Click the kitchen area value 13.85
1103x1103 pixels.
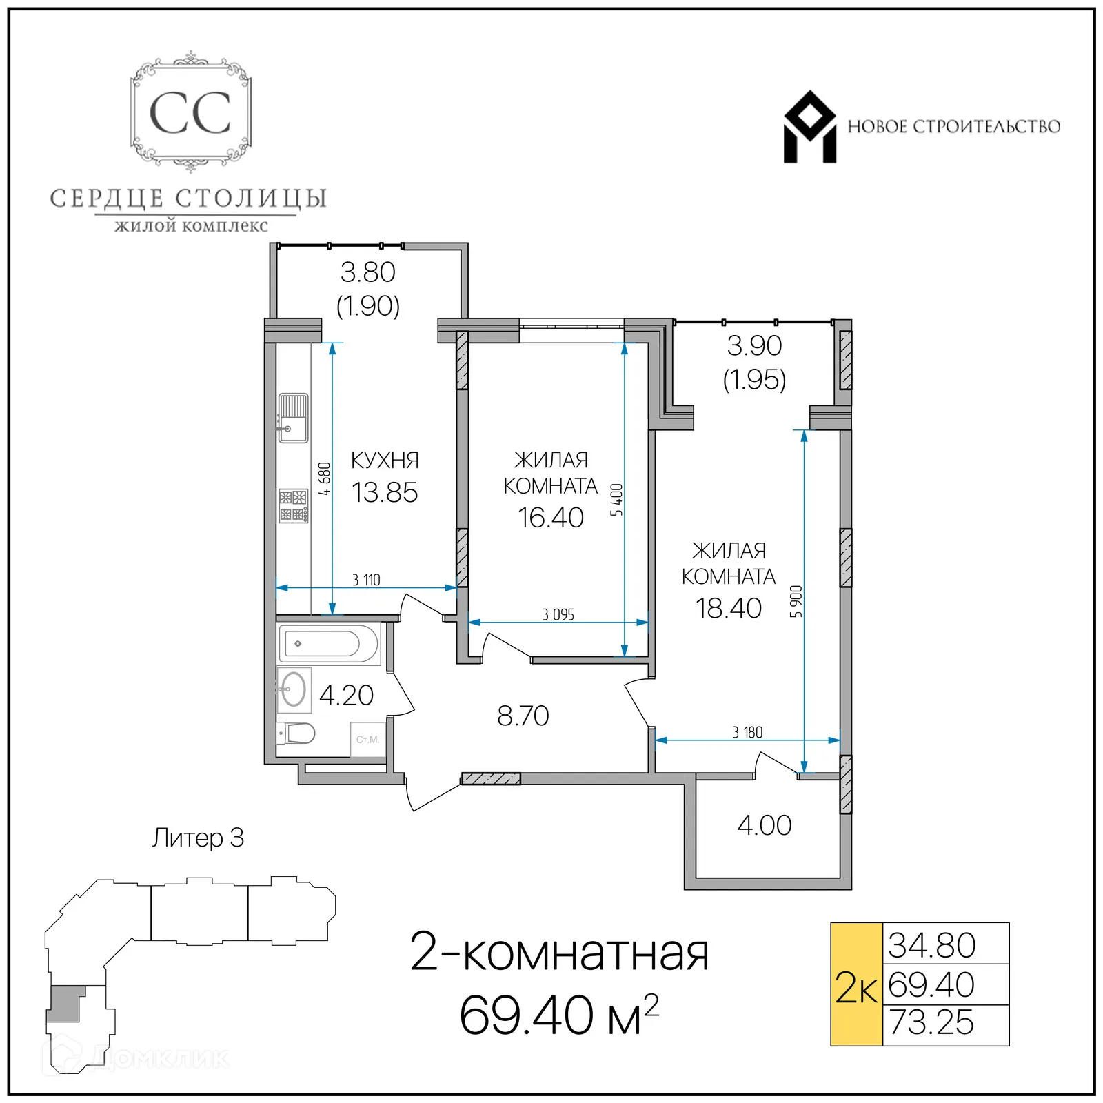click(385, 493)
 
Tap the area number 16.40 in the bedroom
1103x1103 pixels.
click(550, 518)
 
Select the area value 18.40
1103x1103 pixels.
click(728, 608)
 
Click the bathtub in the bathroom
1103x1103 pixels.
click(329, 644)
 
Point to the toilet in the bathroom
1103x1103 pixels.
click(297, 733)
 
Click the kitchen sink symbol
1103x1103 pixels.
click(293, 418)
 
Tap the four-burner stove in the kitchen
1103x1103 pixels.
click(293, 506)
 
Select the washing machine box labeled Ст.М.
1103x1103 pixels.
click(367, 740)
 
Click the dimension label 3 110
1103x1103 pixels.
click(366, 580)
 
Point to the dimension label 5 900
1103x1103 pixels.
click(796, 601)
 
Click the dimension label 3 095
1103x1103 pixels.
click(558, 614)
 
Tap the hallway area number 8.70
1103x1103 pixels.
click(523, 716)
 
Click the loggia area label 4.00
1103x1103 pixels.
click(764, 825)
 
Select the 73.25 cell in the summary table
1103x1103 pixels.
click(931, 1022)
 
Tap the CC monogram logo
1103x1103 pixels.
click(190, 113)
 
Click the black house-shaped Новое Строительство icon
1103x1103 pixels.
click(810, 128)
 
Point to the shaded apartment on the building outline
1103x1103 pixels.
click(66, 1002)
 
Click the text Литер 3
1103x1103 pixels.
click(198, 838)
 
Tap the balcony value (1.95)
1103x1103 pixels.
click(754, 380)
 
